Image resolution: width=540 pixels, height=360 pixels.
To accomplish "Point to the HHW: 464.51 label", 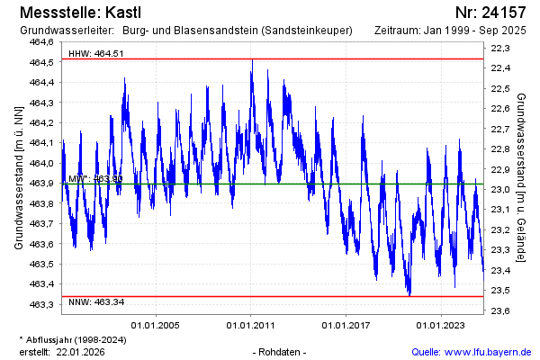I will click(x=96, y=54).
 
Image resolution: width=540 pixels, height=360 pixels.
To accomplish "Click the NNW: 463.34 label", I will click(x=96, y=302).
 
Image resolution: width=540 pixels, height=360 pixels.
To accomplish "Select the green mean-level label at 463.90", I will click(x=95, y=178).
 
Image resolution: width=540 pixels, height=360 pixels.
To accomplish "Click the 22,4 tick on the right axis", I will click(x=501, y=68).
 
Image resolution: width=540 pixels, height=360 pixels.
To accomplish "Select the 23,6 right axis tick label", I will click(x=501, y=311).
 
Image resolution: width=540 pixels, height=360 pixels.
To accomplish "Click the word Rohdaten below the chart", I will click(x=281, y=352).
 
